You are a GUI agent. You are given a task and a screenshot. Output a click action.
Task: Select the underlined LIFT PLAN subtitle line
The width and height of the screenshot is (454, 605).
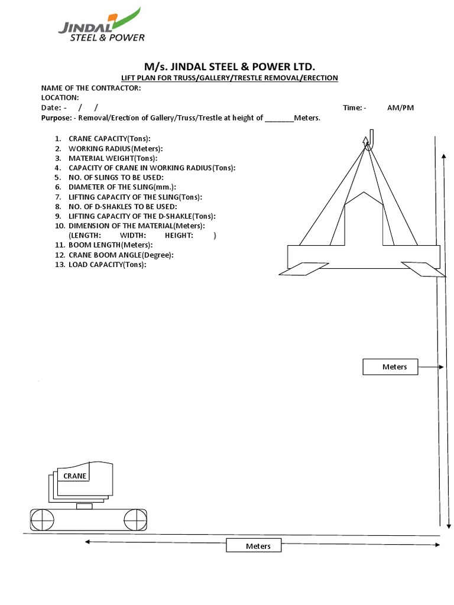pyautogui.click(x=229, y=78)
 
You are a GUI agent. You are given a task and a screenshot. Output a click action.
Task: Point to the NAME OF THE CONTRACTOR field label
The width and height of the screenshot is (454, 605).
pyautogui.click(x=91, y=88)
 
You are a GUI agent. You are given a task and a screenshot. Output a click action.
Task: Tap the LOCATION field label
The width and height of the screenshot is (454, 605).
pyautogui.click(x=60, y=97)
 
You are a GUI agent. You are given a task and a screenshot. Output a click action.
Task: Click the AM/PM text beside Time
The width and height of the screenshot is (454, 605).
pyautogui.click(x=401, y=108)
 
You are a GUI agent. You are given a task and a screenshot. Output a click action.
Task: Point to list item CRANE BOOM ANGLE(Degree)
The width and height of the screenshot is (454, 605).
pyautogui.click(x=121, y=255)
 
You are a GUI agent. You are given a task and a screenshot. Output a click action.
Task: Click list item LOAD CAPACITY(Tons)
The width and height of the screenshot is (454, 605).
pyautogui.click(x=107, y=264)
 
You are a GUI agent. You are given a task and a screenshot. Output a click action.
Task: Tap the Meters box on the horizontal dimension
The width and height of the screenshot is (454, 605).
pyautogui.click(x=254, y=546)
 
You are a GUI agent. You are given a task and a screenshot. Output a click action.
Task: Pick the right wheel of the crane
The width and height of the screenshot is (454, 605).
pyautogui.click(x=135, y=520)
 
